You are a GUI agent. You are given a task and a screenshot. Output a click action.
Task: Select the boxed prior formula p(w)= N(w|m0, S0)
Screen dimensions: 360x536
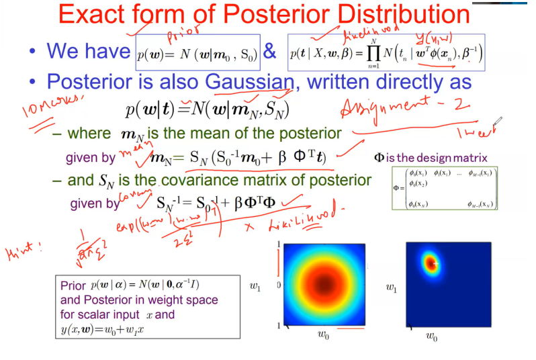(196, 52)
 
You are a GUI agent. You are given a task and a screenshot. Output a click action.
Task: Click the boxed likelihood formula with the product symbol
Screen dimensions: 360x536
(386, 52)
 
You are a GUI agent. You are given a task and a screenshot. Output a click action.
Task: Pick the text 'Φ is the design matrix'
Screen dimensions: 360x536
(430, 159)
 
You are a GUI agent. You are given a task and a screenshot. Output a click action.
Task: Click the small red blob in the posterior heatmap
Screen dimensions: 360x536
(430, 263)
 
